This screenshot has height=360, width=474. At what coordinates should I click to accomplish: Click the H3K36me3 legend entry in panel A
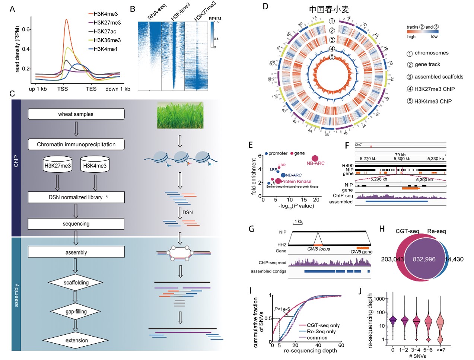(x=107, y=40)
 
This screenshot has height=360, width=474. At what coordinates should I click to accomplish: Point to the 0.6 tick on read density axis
(x=26, y=29)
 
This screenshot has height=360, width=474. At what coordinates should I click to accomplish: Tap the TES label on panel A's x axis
(x=91, y=89)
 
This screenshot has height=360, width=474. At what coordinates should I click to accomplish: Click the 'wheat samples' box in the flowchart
(x=76, y=114)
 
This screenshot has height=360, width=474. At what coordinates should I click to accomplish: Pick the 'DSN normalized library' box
(x=76, y=197)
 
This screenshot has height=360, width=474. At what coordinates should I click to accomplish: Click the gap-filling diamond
(x=76, y=311)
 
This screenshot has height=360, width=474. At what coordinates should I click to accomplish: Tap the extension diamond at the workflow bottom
(x=76, y=340)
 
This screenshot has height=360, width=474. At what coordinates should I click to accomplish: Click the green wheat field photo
(x=180, y=116)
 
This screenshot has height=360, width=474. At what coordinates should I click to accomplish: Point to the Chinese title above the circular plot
(x=329, y=9)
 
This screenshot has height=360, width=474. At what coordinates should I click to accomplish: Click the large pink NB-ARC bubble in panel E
(x=315, y=159)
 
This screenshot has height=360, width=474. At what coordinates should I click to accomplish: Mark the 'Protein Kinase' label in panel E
(x=296, y=181)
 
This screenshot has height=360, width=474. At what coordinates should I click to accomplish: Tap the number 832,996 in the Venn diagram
(x=424, y=259)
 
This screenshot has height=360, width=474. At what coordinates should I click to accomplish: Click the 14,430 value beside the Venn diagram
(x=455, y=259)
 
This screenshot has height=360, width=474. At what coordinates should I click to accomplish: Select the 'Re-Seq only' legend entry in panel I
(x=321, y=331)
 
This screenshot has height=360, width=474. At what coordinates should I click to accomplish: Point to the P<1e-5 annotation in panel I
(x=282, y=309)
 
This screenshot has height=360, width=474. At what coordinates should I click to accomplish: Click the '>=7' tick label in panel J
(x=441, y=350)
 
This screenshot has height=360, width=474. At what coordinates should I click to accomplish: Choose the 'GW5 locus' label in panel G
(x=318, y=249)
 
